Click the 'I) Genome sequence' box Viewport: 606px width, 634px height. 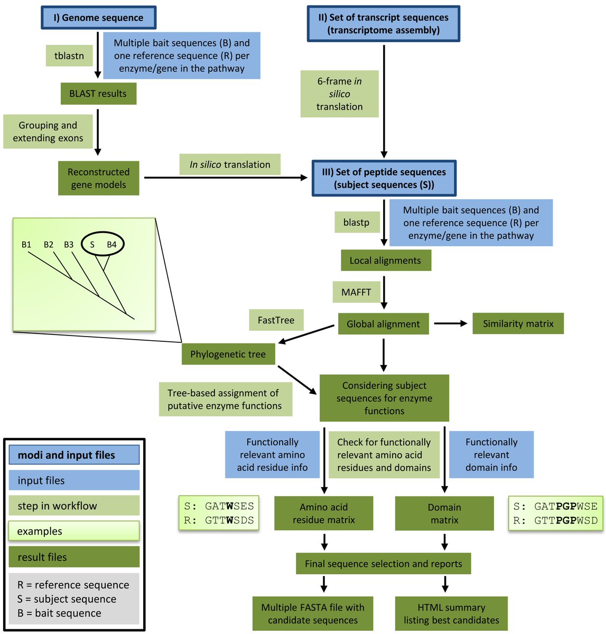coord(98,17)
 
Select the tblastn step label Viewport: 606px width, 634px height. coord(69,55)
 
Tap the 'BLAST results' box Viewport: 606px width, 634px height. coord(98,94)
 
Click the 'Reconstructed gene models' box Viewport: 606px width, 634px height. coord(98,178)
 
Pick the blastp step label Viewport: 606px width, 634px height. coord(357,222)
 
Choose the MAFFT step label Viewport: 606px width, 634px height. coord(356,292)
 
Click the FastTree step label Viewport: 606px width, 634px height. coord(276,320)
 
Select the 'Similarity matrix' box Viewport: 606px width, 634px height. coord(518,324)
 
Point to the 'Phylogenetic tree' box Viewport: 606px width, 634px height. coord(228,354)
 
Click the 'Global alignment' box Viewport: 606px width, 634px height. coord(383,324)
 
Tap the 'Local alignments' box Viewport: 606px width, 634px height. coord(385,260)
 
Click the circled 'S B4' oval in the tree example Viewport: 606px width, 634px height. coord(102,244)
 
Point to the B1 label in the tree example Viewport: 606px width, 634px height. coord(26,244)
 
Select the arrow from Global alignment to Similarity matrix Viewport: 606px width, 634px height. coord(450,323)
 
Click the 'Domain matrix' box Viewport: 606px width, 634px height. coord(444,514)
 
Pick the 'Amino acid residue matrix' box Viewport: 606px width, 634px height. coord(323,514)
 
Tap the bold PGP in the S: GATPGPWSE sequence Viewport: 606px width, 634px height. coord(566,506)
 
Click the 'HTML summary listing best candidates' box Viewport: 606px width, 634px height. coord(451,613)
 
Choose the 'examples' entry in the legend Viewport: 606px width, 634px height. coord(74,531)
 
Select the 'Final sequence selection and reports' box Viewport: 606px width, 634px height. coord(383,564)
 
